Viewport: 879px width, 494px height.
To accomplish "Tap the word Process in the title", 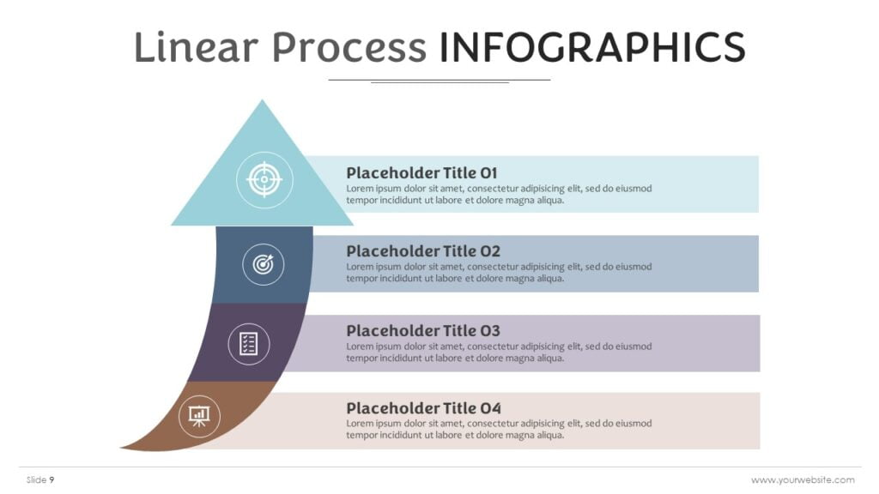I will coord(349,48).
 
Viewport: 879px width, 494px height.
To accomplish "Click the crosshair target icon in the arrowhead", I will coord(264,180).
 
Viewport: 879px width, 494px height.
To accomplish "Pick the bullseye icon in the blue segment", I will coord(263,264).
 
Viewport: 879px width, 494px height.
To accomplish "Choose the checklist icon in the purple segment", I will coord(249,344).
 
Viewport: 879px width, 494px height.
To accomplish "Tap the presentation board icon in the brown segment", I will coord(199,417).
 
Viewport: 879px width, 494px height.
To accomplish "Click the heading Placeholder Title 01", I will coord(421,172).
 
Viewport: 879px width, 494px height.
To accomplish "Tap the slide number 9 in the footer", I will coord(52,480).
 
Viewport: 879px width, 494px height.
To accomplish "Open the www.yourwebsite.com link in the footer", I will coord(803,480).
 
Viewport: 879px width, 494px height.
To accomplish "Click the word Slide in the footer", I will coord(36,480).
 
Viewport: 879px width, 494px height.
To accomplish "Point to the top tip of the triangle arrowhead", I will coord(262,101).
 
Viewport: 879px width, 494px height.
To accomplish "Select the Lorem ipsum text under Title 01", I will coord(499,195).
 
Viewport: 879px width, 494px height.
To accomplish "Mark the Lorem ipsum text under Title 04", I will coord(499,430).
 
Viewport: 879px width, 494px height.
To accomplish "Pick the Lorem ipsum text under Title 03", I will coord(499,352).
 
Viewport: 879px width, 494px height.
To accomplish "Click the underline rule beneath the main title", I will coord(439,80).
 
